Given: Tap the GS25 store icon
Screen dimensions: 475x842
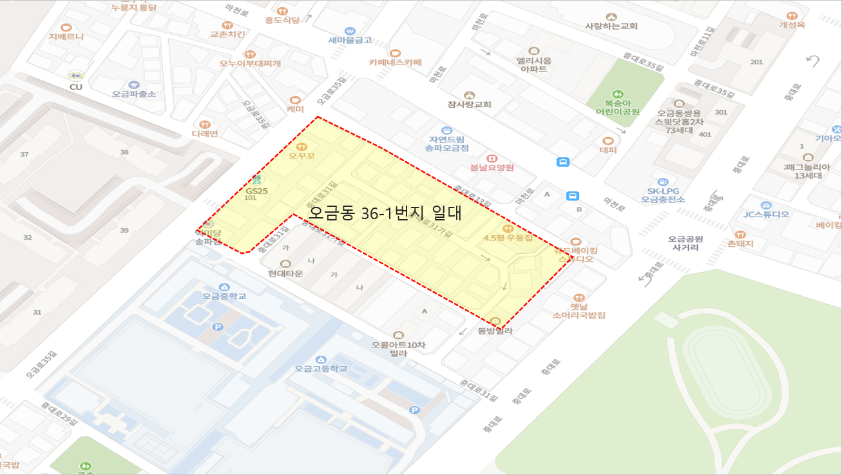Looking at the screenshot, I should tap(256, 180).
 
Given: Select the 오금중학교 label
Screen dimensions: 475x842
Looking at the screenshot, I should tap(224, 296).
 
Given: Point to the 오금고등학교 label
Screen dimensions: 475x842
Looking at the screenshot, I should tap(321, 369).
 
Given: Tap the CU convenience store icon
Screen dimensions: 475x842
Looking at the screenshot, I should tap(76, 75).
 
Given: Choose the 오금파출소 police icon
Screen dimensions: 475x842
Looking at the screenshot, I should tap(134, 84).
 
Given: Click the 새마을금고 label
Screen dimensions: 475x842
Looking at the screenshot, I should tap(350, 40).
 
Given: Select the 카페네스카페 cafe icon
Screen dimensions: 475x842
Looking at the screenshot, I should tap(396, 53).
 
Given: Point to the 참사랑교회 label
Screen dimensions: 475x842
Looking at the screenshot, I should tap(469, 104).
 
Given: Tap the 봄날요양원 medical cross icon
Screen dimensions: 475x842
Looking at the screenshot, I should tap(492, 158).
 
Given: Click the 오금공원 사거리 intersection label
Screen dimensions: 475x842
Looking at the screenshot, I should tap(686, 243).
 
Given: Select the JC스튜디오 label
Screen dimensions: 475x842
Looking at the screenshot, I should tap(766, 215).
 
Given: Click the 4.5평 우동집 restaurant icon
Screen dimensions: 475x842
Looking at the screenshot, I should tap(508, 228).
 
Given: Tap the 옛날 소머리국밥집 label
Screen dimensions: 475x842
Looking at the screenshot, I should tap(579, 311).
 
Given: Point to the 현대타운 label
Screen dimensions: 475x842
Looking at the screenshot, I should tap(285, 273).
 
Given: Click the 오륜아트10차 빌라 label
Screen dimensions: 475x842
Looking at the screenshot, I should tap(398, 349).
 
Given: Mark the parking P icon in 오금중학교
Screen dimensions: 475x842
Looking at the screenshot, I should tap(218, 327).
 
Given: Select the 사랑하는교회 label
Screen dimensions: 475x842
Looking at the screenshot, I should tap(611, 26).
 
